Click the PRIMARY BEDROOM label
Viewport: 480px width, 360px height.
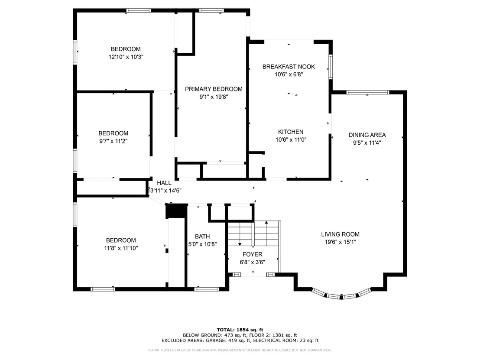click(x=214, y=89)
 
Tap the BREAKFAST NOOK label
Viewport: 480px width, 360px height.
click(x=289, y=67)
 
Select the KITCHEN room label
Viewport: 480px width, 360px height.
click(x=291, y=132)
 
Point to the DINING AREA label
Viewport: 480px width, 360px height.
click(x=367, y=135)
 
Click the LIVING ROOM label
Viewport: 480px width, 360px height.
click(x=341, y=234)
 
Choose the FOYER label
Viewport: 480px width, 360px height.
click(x=253, y=254)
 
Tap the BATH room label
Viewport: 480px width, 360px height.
click(x=202, y=237)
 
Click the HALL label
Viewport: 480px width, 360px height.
click(x=164, y=183)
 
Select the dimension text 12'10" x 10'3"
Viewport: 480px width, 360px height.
click(x=126, y=57)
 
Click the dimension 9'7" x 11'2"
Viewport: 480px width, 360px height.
click(x=113, y=141)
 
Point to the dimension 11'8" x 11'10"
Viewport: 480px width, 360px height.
click(x=121, y=248)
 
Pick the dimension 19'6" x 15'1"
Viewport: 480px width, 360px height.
click(x=341, y=242)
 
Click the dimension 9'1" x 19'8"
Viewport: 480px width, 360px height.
click(x=214, y=97)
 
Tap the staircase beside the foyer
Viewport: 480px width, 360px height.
click(x=254, y=234)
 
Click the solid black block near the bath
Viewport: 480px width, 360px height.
click(x=176, y=211)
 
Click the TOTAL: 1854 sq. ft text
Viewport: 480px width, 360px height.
click(x=240, y=330)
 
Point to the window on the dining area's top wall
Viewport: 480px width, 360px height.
click(x=368, y=92)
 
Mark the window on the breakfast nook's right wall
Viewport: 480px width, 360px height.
click(x=331, y=67)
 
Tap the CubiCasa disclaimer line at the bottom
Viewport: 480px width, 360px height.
click(x=240, y=350)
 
